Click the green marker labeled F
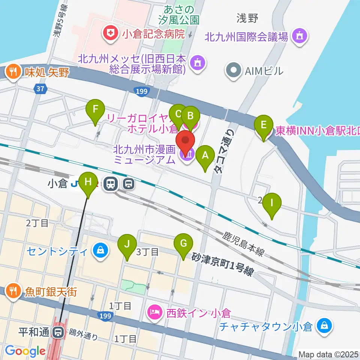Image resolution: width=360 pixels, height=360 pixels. click(x=95, y=110)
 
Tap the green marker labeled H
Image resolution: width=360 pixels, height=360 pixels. click(x=88, y=182)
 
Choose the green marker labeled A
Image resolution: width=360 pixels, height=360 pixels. click(x=205, y=156)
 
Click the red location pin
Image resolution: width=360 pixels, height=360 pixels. click(x=188, y=142)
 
